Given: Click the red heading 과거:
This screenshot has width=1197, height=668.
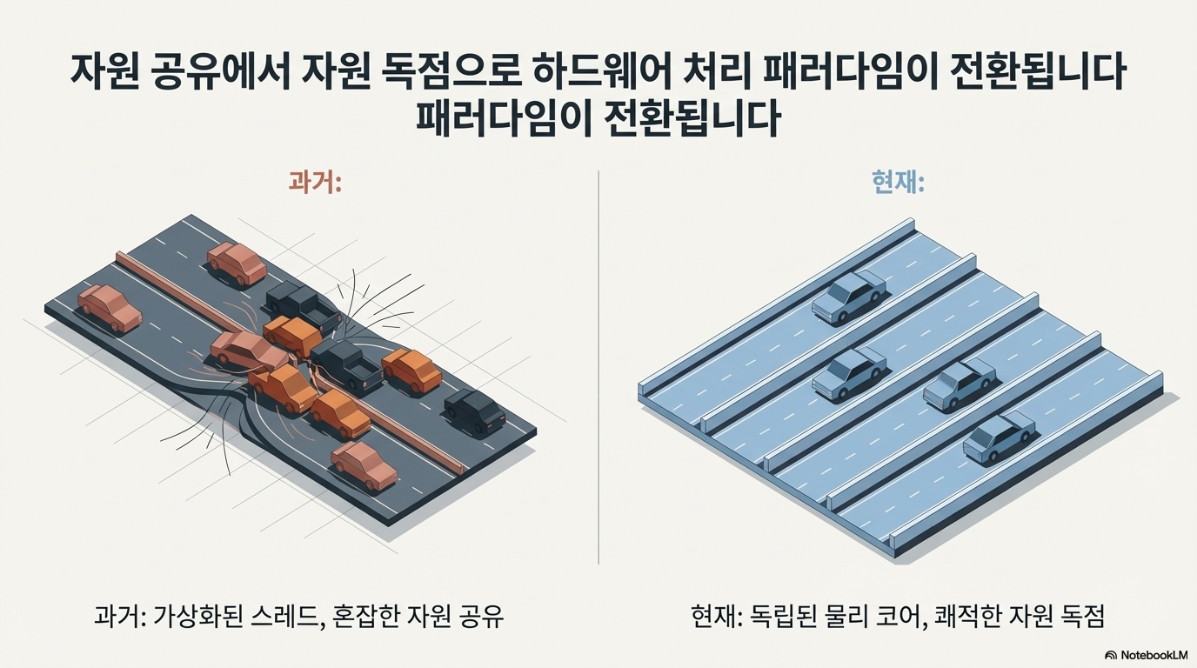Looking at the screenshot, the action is [314, 184].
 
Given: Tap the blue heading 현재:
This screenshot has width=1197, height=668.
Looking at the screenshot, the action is [897, 184].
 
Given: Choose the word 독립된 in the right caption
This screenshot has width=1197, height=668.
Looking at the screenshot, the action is [777, 617].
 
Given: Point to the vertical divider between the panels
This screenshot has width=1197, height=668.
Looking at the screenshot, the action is [598, 365].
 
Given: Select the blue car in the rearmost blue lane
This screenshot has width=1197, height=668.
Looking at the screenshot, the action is [848, 296].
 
